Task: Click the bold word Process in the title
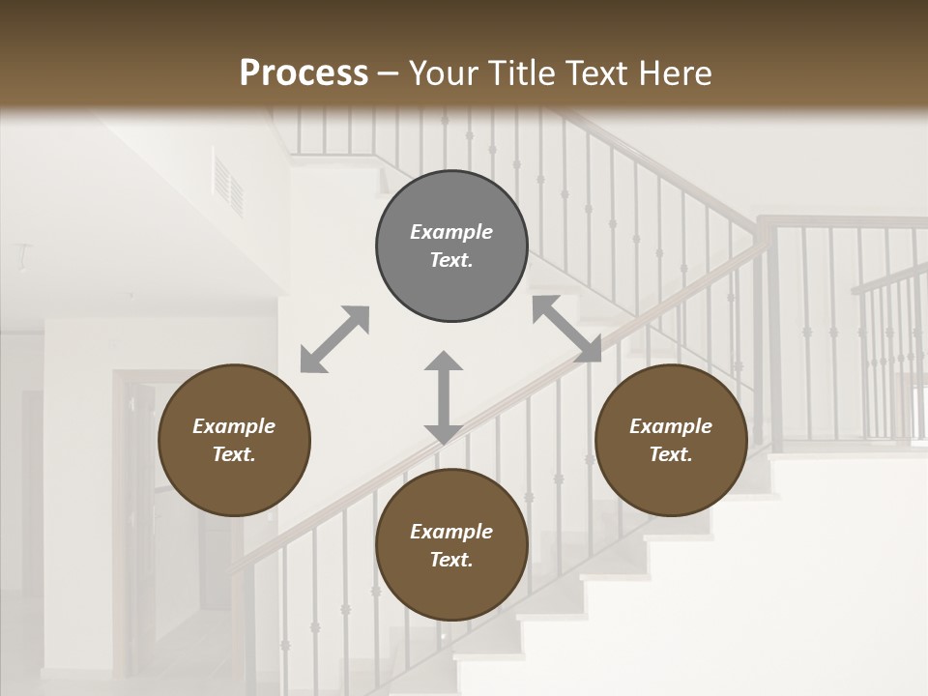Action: pos(304,73)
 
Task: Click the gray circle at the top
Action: pos(451,246)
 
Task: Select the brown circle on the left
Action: pos(234,440)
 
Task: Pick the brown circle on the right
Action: pos(671,440)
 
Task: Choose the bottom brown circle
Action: pos(451,545)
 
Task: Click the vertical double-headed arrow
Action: pos(444,398)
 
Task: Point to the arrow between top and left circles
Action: pos(334,339)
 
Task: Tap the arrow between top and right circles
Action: pos(566,329)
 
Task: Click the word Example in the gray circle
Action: pos(451,232)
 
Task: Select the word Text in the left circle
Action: pos(233,454)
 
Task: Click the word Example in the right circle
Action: pos(671,426)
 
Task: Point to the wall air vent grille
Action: pos(229,183)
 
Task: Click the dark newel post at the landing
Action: pos(770,333)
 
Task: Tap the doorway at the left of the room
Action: pos(135,522)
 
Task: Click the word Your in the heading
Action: pos(441,73)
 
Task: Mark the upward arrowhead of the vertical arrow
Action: pos(444,362)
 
